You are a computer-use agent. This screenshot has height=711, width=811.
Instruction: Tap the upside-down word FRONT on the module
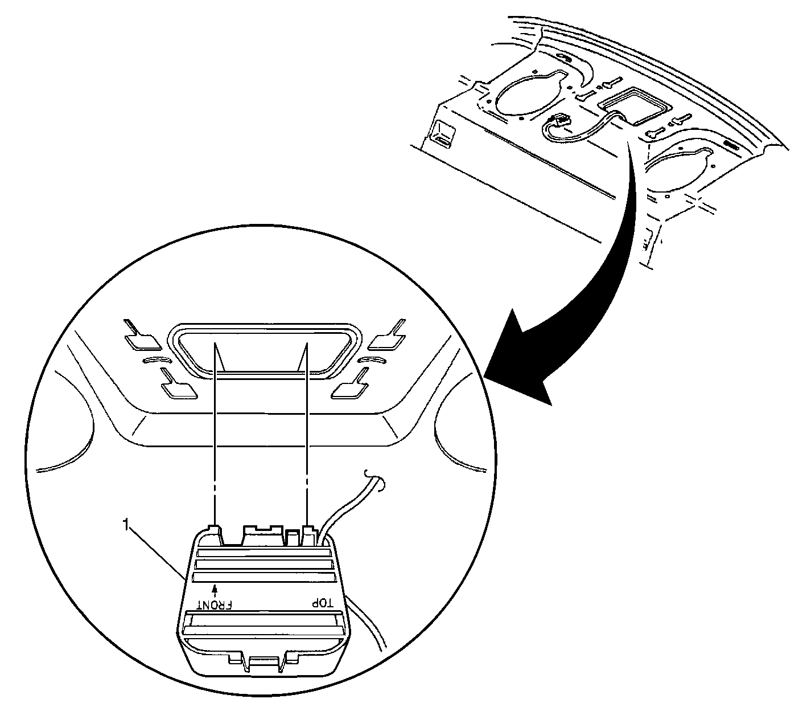[215, 605]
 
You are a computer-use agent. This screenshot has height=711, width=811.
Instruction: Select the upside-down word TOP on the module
[322, 604]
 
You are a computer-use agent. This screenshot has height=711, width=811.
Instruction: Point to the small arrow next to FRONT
[215, 590]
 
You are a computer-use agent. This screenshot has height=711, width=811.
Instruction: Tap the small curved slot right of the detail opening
[373, 359]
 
